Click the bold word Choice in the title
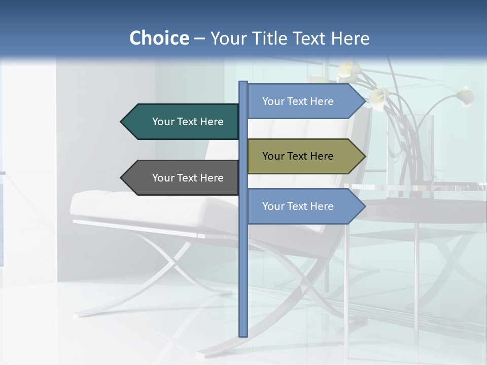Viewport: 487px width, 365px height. pyautogui.click(x=159, y=38)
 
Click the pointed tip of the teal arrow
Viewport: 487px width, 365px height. pyautogui.click(x=122, y=122)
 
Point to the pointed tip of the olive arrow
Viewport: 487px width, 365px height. pyautogui.click(x=364, y=156)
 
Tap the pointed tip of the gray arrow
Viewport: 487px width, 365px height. pyautogui.click(x=122, y=178)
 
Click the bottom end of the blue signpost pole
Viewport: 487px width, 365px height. pyautogui.click(x=243, y=335)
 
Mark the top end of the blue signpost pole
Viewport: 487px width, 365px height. pyautogui.click(x=243, y=83)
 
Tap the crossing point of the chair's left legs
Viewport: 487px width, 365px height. pyautogui.click(x=175, y=262)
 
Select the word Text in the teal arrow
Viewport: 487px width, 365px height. pyautogui.click(x=188, y=122)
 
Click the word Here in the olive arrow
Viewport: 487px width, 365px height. pyautogui.click(x=321, y=156)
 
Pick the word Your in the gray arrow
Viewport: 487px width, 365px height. pyautogui.click(x=163, y=178)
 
